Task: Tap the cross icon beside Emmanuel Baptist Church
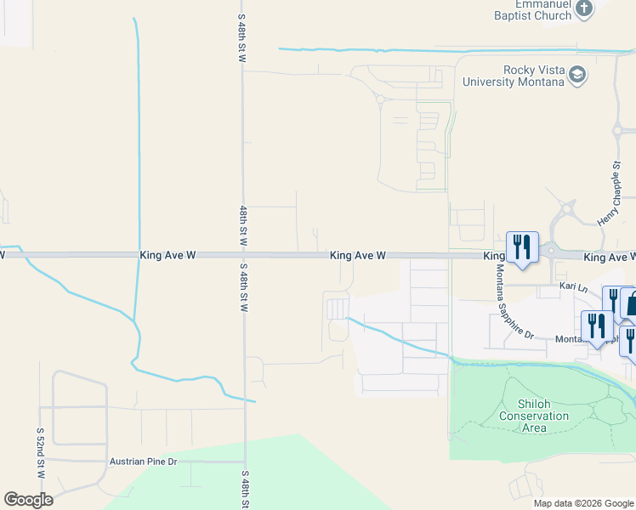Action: click(583, 8)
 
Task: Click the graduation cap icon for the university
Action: click(578, 76)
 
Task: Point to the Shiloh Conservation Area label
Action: click(533, 416)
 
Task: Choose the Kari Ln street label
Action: click(573, 288)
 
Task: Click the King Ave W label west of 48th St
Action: click(168, 255)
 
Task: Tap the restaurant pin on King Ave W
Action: click(520, 248)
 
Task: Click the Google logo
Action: click(28, 500)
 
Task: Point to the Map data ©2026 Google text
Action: click(582, 503)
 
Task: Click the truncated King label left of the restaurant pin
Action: click(494, 255)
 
